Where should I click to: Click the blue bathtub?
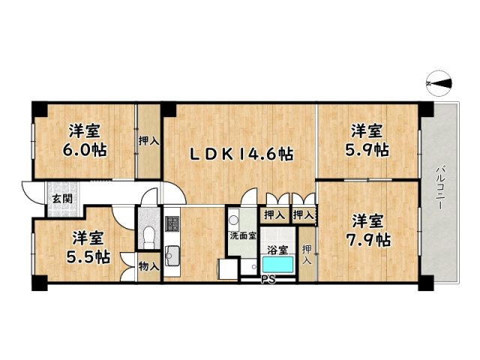[x=280, y=265]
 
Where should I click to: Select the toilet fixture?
[x=146, y=238]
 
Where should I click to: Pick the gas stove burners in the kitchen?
[x=172, y=223]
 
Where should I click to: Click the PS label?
[x=268, y=281]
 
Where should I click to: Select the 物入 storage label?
[x=148, y=266]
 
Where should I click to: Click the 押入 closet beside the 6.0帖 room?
[x=148, y=140]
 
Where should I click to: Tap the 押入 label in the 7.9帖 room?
[x=307, y=253]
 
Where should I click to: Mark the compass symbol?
[x=439, y=83]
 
